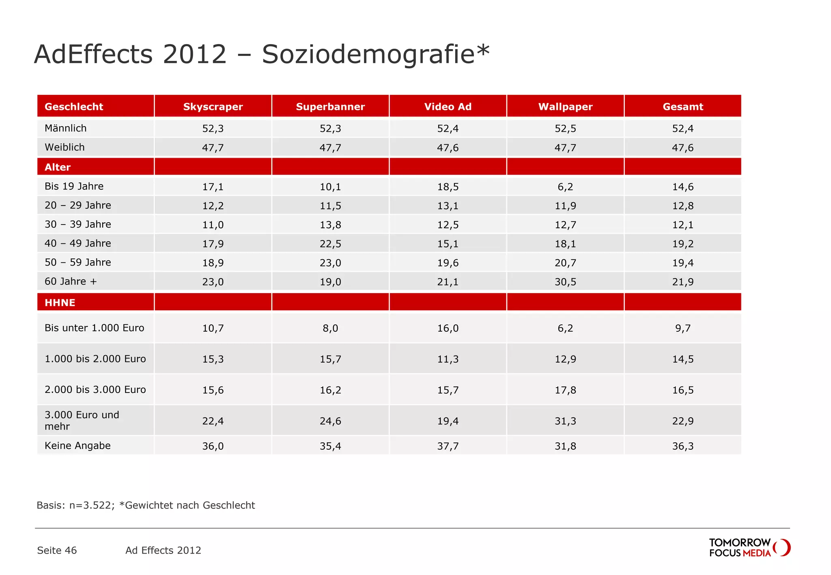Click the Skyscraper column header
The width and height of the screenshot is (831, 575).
pos(213,107)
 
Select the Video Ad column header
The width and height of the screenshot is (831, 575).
pos(448,107)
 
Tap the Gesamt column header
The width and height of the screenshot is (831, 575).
pos(682,107)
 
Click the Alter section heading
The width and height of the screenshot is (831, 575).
pos(58,167)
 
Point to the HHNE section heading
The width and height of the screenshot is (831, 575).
pos(60,303)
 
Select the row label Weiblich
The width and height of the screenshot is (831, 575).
pos(65,147)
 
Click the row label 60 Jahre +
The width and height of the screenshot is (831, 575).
pos(71,281)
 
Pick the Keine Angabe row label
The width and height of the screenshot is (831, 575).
pos(78,446)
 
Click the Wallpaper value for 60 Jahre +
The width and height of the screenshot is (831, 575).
pos(565,282)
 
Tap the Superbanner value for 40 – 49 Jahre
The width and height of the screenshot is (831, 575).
pos(330,244)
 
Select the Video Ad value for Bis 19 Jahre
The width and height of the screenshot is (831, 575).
pos(448,187)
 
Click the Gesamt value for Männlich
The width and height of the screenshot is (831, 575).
pos(682,129)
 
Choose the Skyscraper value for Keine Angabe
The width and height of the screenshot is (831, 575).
pos(213,446)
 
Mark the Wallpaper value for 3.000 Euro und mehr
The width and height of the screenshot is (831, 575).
pos(565,421)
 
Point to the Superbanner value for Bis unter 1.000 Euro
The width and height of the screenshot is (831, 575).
pos(330,328)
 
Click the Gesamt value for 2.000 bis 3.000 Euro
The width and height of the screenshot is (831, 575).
pos(682,390)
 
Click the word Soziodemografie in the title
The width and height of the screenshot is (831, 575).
pos(368,54)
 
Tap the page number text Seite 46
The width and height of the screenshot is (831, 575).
pos(57,550)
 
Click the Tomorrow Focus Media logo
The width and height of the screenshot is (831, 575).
pos(749,547)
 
